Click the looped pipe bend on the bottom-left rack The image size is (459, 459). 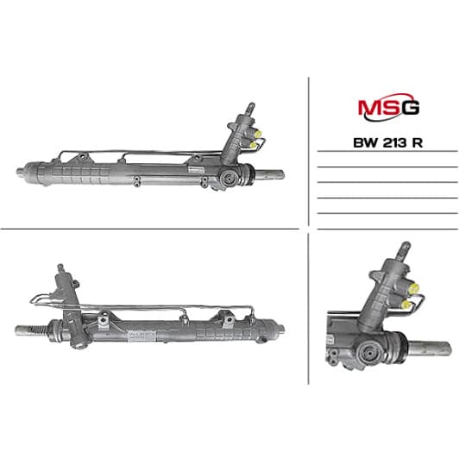(35, 299)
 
